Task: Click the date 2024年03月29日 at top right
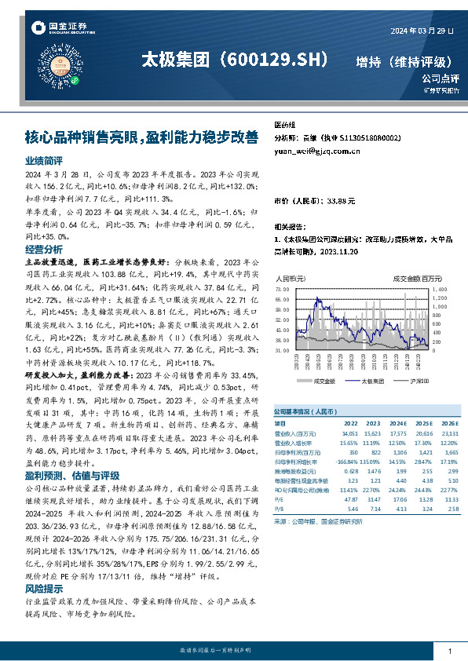point(422,31)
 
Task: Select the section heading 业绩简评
point(43,159)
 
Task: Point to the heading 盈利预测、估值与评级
point(72,476)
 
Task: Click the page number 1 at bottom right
point(449,652)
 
